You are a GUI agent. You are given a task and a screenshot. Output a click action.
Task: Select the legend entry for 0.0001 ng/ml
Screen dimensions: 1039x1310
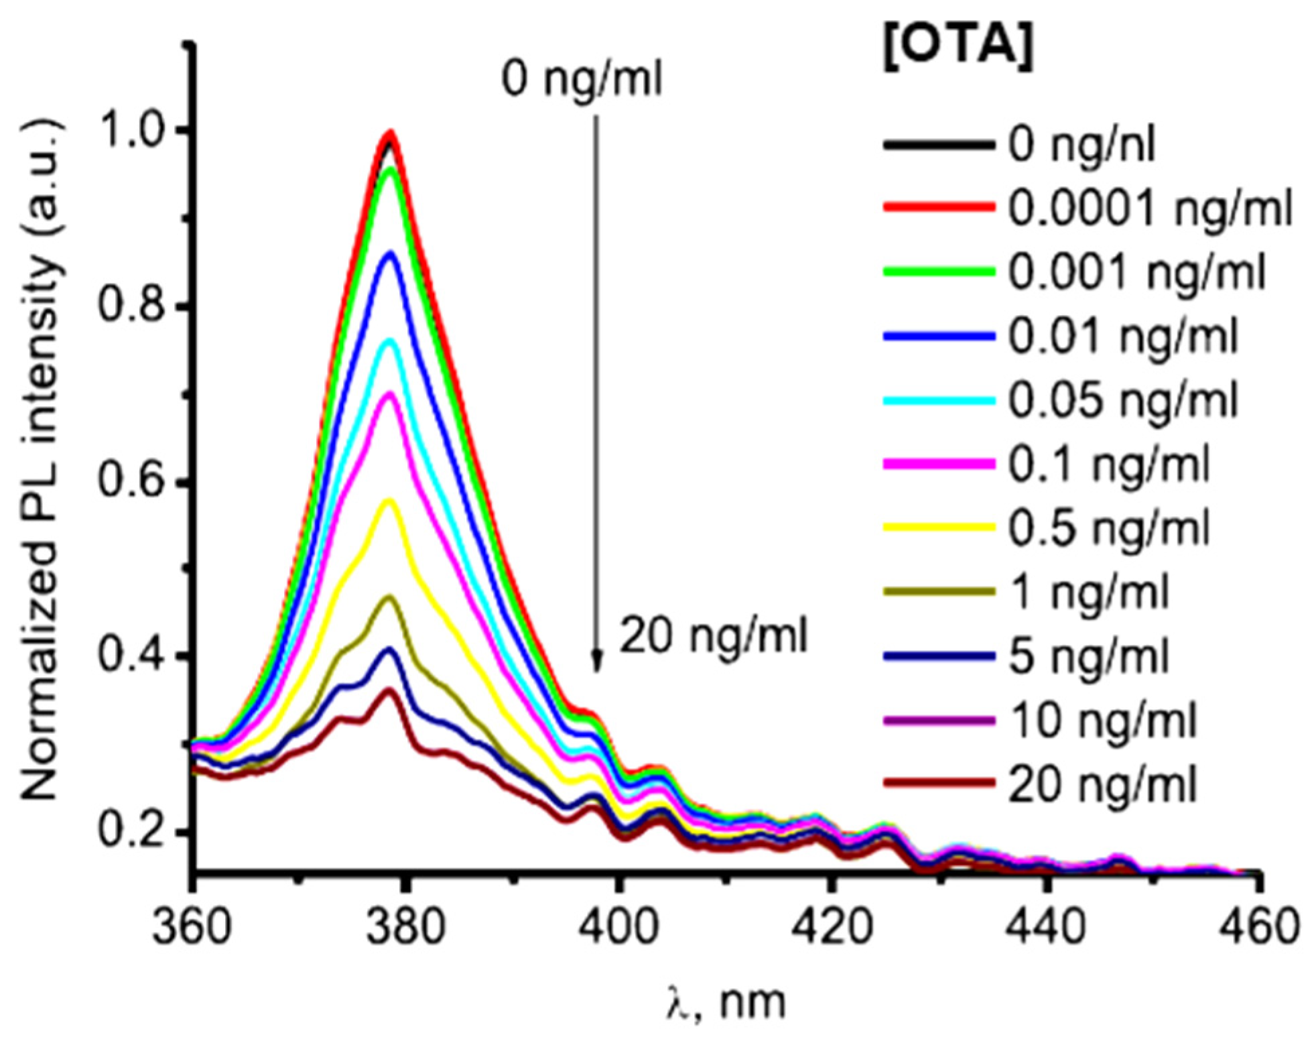click(1149, 209)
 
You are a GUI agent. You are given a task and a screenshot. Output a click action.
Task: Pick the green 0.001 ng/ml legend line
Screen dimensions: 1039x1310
click(938, 271)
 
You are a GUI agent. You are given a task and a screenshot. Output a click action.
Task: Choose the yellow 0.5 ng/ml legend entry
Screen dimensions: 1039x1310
click(938, 528)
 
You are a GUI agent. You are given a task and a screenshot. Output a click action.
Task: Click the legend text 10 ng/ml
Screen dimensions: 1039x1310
click(1102, 721)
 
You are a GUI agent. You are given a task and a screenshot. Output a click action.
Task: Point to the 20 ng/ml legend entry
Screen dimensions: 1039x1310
click(1102, 784)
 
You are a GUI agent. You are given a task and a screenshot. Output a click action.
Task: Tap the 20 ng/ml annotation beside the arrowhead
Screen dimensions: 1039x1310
click(714, 635)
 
